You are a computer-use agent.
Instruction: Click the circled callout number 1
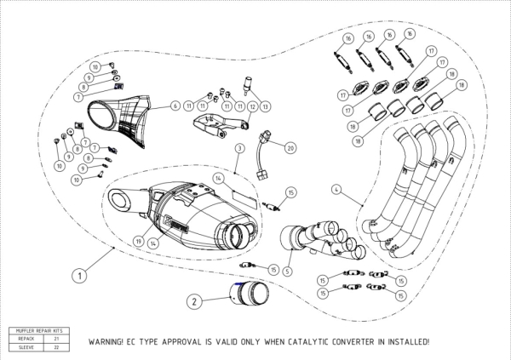click(x=78, y=275)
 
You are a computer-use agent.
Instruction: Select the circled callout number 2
click(x=194, y=300)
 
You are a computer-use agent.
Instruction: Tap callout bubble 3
click(x=241, y=148)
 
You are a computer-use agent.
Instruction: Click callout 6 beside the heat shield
click(x=175, y=106)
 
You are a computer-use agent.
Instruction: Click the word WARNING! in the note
click(x=110, y=341)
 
